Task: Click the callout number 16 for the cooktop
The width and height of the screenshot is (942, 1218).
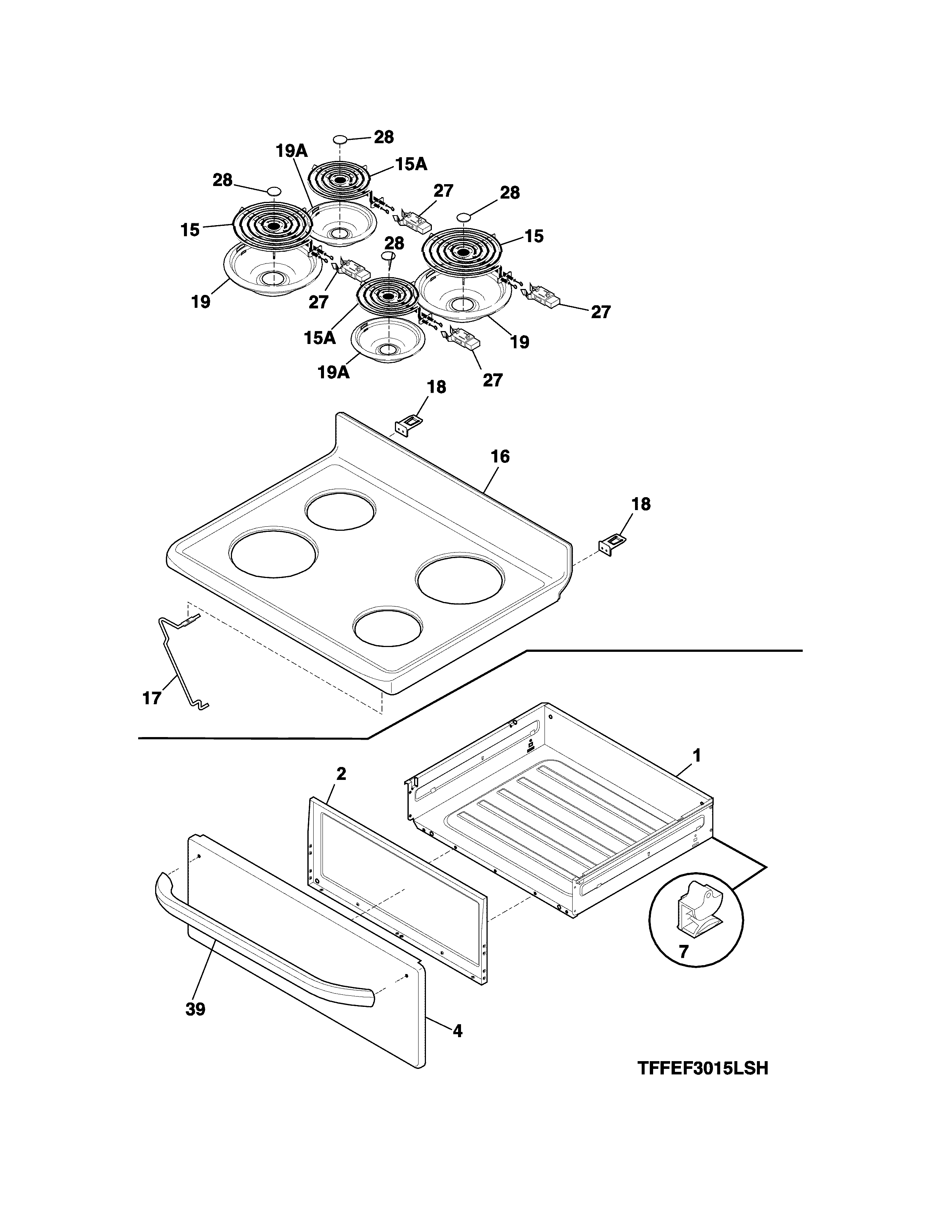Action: (500, 457)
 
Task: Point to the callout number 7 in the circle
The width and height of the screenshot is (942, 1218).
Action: (684, 952)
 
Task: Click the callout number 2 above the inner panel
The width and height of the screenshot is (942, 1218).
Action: (341, 774)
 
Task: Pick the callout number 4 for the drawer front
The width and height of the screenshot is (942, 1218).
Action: (458, 1031)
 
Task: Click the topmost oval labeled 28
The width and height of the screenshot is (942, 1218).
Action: (339, 139)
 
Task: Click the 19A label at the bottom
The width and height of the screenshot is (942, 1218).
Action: (334, 372)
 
